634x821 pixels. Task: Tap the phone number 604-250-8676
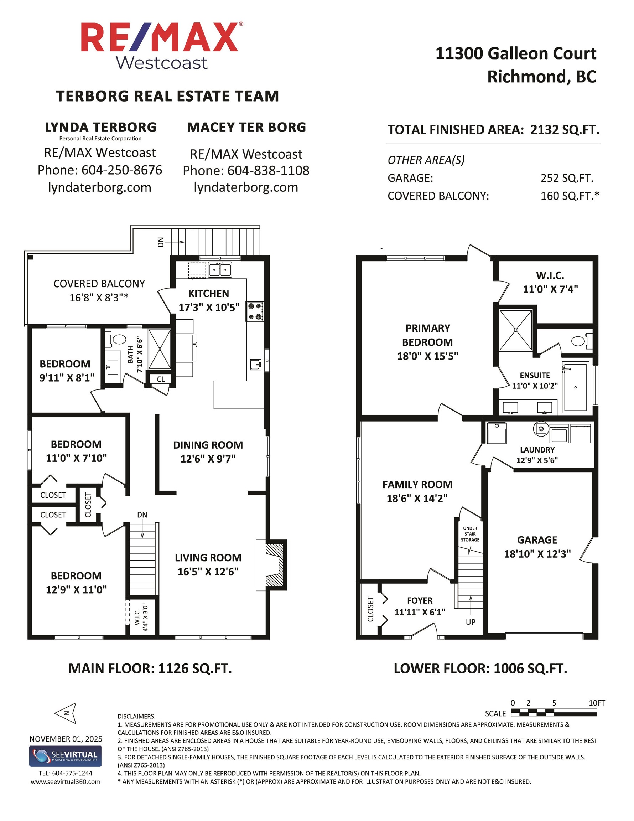(122, 170)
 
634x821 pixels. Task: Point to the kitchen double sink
(220, 270)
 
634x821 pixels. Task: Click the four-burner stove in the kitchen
(254, 311)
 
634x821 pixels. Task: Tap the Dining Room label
(208, 445)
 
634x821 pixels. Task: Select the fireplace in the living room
(275, 565)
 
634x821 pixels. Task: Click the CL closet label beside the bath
(161, 379)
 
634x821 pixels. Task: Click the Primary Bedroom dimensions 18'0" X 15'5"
(428, 356)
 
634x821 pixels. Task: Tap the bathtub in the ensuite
(575, 387)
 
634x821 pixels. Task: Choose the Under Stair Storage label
(470, 534)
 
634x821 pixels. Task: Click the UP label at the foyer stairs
(471, 622)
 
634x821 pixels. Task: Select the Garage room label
(537, 540)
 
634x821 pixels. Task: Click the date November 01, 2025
(66, 739)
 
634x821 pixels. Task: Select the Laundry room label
(537, 450)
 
